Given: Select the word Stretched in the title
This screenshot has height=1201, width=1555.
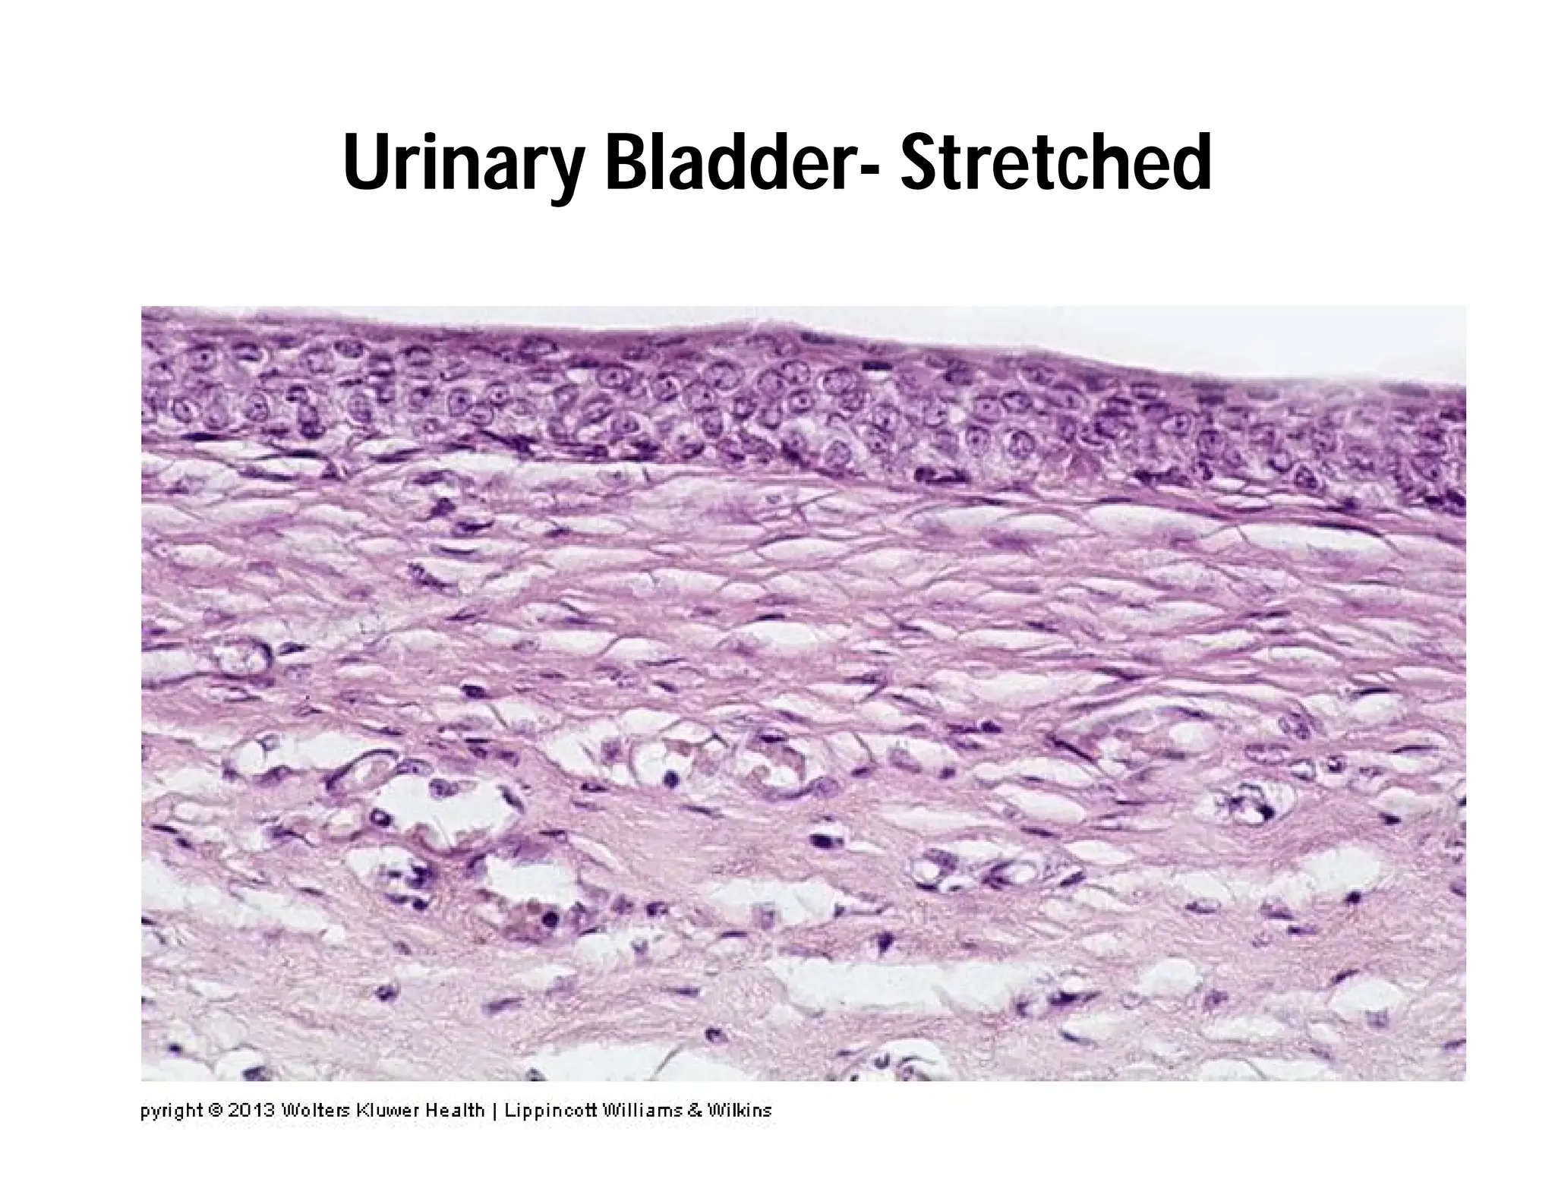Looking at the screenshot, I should coord(1055,162).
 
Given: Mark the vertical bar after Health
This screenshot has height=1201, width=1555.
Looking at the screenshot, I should coord(494,1111).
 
